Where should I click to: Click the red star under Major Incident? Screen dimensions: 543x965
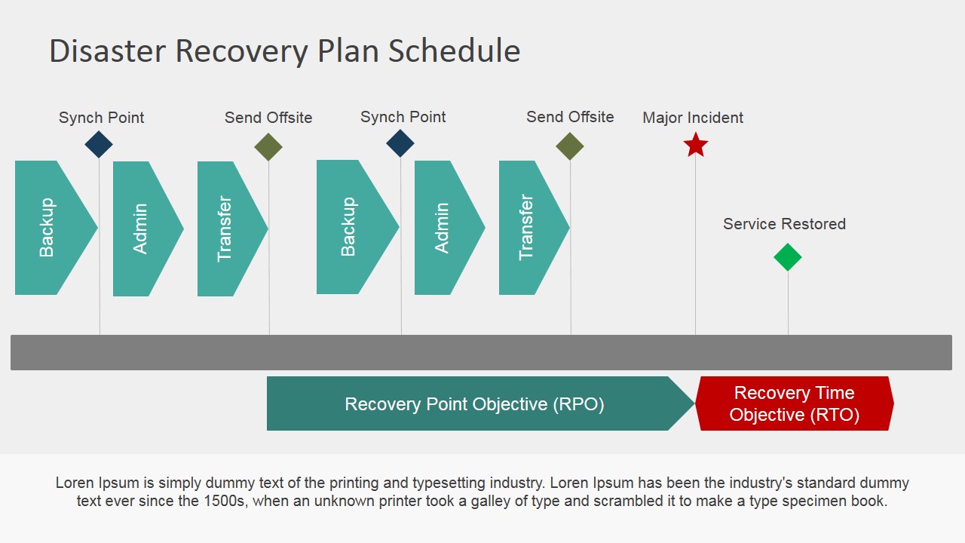[695, 145]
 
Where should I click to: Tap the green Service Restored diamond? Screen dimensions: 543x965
[787, 257]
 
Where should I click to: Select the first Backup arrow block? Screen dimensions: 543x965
[50, 227]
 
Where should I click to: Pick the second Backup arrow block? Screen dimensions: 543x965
[351, 227]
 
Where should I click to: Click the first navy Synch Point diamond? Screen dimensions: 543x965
[99, 144]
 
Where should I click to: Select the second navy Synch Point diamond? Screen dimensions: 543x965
[400, 143]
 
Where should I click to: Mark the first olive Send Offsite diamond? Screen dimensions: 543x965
[268, 147]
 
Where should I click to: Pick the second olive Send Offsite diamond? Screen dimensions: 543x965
[570, 146]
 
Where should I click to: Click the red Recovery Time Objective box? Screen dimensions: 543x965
[794, 403]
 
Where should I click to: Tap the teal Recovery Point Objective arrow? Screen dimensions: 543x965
[475, 403]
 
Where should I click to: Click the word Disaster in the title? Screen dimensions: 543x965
[108, 51]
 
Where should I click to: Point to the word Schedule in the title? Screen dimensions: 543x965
[454, 51]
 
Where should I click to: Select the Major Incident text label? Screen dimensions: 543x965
[693, 118]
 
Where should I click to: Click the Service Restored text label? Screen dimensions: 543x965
[784, 224]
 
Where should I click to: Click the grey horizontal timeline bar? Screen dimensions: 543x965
[481, 352]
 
